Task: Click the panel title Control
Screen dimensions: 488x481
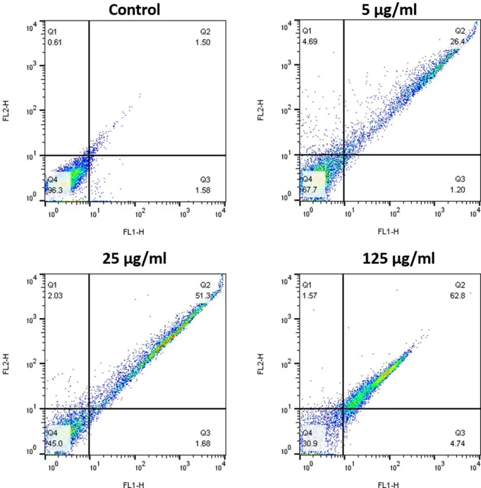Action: tap(135, 10)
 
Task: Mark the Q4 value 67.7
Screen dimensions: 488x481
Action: tap(308, 190)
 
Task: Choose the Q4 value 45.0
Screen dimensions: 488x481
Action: tap(54, 444)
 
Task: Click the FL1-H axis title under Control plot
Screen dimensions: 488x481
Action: tap(135, 230)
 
